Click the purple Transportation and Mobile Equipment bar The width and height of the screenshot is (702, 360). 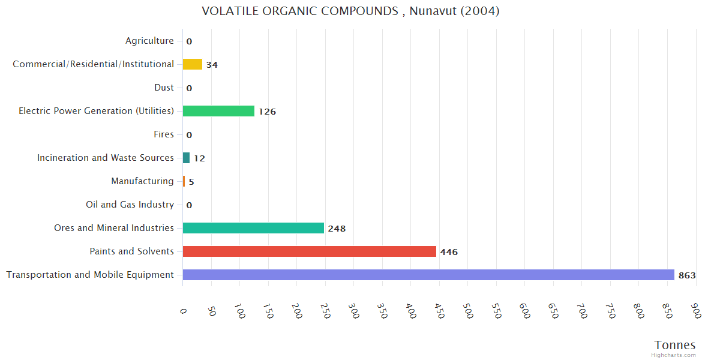[428, 275]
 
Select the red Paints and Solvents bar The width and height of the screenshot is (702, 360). [309, 251]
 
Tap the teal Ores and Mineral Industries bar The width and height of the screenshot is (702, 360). [253, 228]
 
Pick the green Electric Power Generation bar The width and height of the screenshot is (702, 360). [218, 111]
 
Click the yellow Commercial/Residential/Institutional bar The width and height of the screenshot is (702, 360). [192, 64]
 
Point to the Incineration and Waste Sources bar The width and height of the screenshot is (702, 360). [186, 158]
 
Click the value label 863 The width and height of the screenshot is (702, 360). [687, 275]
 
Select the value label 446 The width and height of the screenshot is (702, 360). [449, 252]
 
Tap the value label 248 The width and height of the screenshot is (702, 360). [337, 229]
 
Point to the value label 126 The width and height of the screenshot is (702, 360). [267, 112]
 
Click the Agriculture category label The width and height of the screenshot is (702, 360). [149, 41]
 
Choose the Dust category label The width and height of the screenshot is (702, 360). [164, 88]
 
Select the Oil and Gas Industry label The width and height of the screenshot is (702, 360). [130, 205]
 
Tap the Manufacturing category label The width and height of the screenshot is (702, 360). [142, 181]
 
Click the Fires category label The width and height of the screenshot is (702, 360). [163, 134]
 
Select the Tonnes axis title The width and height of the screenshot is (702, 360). [675, 345]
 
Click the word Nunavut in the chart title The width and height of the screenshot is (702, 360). [430, 11]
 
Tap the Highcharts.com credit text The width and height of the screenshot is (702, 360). [674, 355]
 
